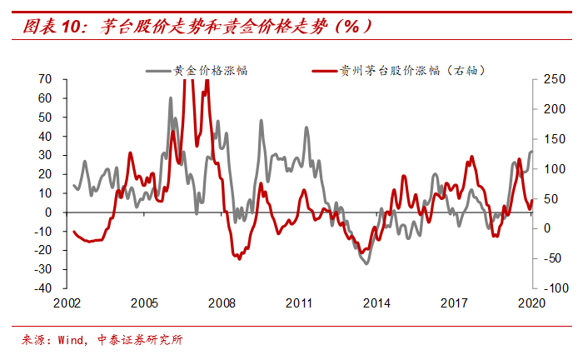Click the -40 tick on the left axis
[42, 288]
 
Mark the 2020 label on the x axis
[530, 303]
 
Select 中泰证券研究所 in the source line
[143, 340]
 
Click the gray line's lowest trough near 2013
[366, 263]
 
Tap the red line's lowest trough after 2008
[240, 258]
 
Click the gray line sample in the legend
[157, 70]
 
